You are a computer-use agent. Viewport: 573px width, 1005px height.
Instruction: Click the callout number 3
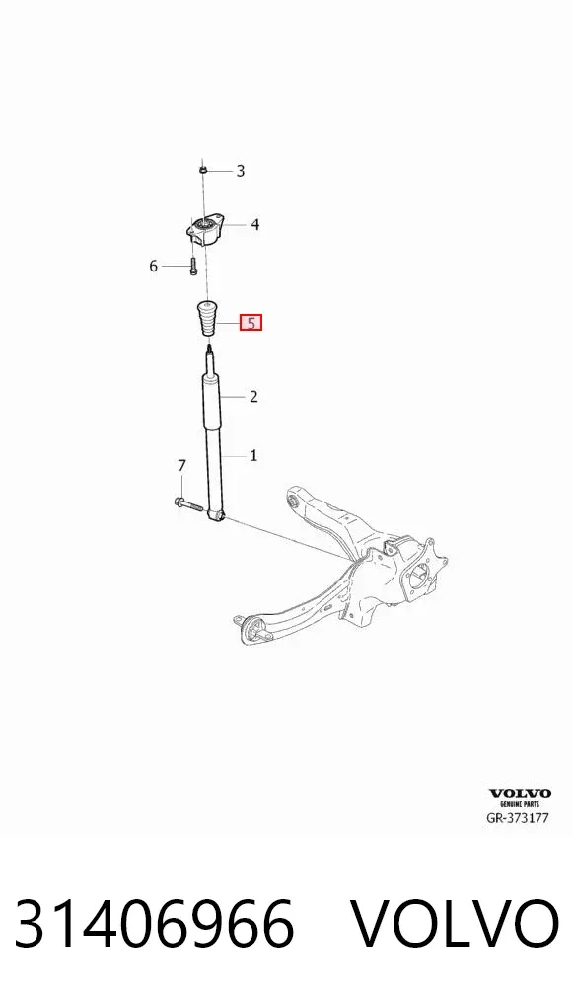pyautogui.click(x=241, y=171)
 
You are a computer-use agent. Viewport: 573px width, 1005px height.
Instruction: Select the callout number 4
pyautogui.click(x=254, y=225)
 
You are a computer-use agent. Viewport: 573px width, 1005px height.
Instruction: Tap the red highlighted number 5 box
pyautogui.click(x=251, y=323)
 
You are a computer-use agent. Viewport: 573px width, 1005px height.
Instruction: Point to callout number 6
pyautogui.click(x=153, y=266)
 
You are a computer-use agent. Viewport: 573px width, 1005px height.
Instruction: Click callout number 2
pyautogui.click(x=253, y=397)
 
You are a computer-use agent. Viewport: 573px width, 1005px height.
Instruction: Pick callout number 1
pyautogui.click(x=253, y=456)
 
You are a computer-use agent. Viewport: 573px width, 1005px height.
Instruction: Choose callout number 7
pyautogui.click(x=181, y=465)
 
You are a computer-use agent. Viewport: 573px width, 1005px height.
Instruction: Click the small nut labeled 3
pyautogui.click(x=201, y=170)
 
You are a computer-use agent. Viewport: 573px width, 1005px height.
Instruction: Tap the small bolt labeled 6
pyautogui.click(x=192, y=265)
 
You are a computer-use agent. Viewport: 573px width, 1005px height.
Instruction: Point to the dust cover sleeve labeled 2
pyautogui.click(x=212, y=403)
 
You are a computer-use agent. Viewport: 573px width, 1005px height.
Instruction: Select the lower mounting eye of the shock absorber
pyautogui.click(x=217, y=513)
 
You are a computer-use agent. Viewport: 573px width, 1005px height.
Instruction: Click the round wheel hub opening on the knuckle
pyautogui.click(x=418, y=576)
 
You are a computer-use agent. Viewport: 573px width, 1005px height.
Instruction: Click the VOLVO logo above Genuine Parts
pyautogui.click(x=520, y=794)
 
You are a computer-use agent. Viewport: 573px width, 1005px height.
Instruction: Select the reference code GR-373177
pyautogui.click(x=518, y=818)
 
